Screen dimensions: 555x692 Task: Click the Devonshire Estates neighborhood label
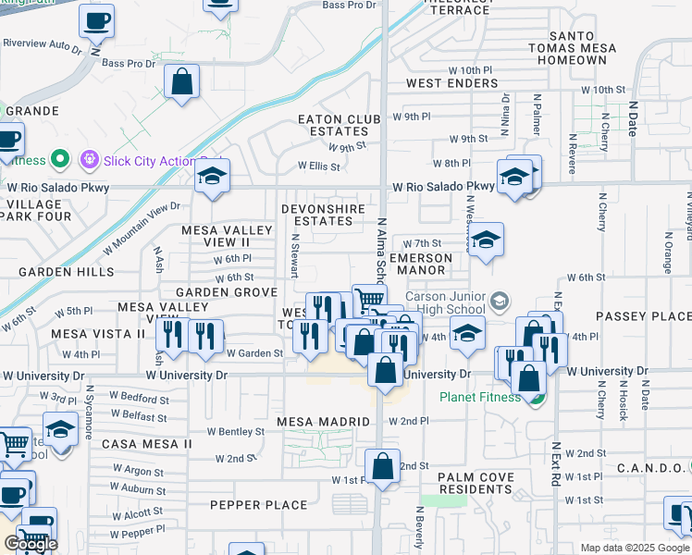point(323,216)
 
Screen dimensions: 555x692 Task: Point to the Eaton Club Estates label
point(332,125)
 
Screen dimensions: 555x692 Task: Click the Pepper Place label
point(258,505)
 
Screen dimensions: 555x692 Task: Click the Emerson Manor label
point(421,265)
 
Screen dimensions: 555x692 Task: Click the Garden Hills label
point(66,272)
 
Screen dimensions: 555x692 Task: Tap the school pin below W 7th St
point(485,242)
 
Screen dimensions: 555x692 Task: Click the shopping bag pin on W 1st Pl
point(381,466)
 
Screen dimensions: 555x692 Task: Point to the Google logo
point(31,544)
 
